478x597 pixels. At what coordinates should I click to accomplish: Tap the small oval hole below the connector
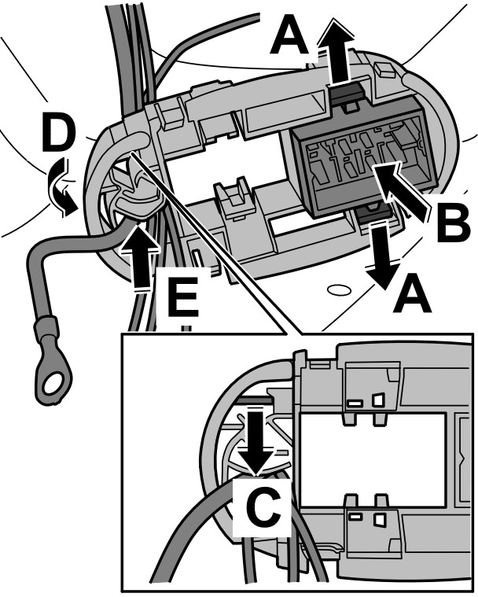336,289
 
